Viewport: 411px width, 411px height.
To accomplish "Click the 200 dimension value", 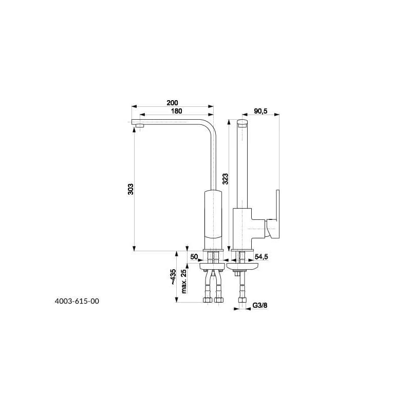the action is pos(172,103).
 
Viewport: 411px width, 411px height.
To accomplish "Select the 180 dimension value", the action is pos(176,111).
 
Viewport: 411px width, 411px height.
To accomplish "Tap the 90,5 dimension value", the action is pos(260,111).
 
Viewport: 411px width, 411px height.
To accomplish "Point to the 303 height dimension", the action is pos(130,189).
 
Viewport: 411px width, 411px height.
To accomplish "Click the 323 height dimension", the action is pos(226,179).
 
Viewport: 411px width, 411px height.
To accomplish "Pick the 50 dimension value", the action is pos(194,256).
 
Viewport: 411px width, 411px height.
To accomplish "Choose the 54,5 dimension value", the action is pos(261,257).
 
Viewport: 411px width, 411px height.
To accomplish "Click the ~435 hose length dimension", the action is pos(173,277).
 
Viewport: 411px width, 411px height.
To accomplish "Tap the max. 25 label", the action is pos(184,281).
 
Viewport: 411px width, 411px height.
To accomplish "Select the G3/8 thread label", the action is pos(260,305).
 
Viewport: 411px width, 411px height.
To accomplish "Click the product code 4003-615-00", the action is pos(77,301).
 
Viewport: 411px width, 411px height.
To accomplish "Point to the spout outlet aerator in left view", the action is pos(140,125).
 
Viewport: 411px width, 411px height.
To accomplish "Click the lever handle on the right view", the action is pos(273,214).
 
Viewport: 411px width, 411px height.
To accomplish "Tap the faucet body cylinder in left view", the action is pos(213,220).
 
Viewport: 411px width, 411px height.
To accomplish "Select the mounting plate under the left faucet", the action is pos(212,267).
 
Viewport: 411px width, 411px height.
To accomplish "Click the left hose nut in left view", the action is pos(208,300).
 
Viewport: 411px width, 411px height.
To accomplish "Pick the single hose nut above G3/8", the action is pos(242,300).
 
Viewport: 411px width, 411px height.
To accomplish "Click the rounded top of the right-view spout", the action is pos(242,122).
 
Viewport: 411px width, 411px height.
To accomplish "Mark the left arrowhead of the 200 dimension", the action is pos(134,106).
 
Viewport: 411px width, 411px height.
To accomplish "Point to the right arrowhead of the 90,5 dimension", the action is pos(276,114).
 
